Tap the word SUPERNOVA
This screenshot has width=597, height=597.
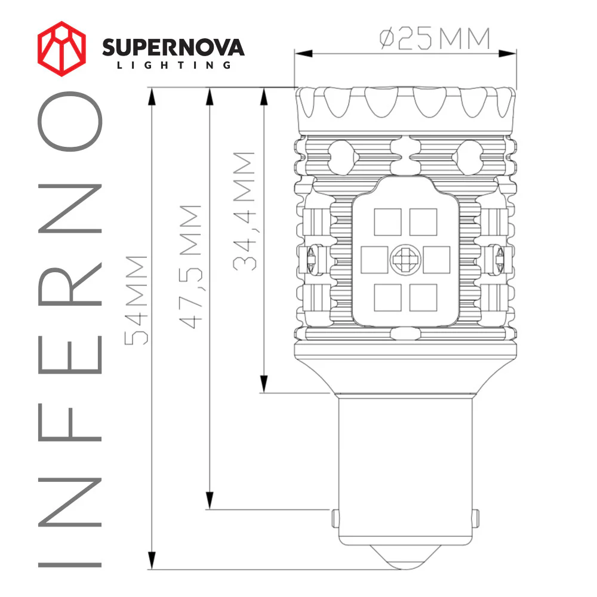[x=173, y=47]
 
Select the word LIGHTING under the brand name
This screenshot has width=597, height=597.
[x=173, y=65]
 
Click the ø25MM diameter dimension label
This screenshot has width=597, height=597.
[x=435, y=39]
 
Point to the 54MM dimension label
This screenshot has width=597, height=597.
[x=136, y=300]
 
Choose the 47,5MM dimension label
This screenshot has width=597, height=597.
[x=190, y=267]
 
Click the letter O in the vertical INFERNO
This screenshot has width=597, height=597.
[x=70, y=124]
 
